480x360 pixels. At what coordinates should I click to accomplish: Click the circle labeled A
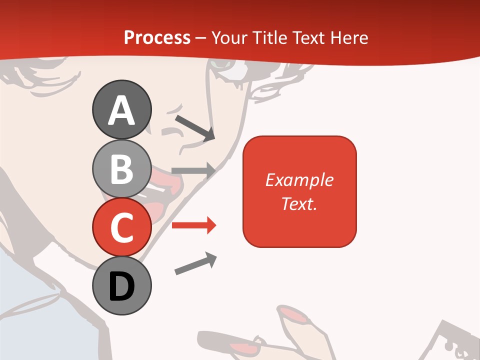(x=121, y=109)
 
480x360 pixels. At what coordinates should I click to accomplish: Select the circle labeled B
(x=121, y=168)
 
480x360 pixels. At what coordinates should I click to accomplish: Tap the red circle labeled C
(x=121, y=227)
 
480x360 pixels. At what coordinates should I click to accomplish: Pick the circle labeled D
(x=121, y=285)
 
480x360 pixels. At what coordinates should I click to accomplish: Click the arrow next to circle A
(x=194, y=127)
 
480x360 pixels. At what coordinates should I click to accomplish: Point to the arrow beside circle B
(x=193, y=170)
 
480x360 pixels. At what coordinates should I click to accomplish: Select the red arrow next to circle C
(x=193, y=225)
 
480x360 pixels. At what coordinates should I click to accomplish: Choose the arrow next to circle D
(x=195, y=264)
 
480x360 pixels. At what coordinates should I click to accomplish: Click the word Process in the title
(x=157, y=38)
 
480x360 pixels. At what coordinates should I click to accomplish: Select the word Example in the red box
(x=299, y=180)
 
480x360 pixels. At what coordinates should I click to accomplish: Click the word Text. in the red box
(x=299, y=203)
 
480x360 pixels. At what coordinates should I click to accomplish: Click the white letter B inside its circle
(x=121, y=168)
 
